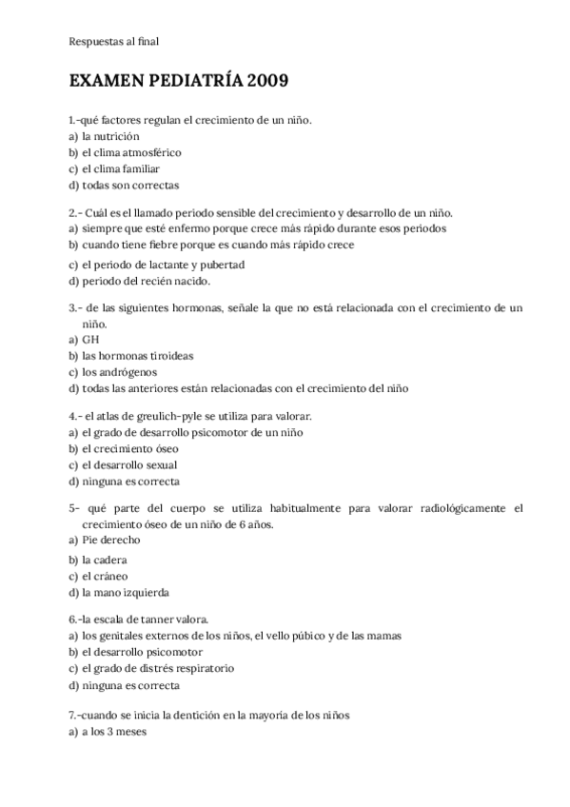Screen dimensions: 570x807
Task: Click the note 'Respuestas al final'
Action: coord(113,41)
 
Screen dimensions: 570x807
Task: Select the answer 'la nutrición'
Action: coord(110,136)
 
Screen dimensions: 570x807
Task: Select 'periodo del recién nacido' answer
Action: coord(145,281)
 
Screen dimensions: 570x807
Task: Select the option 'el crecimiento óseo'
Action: coord(130,448)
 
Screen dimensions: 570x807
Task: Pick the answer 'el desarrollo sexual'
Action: coord(129,464)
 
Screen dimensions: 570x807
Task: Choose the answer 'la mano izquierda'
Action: coord(126,592)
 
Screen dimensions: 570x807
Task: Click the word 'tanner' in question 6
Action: coord(156,619)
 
